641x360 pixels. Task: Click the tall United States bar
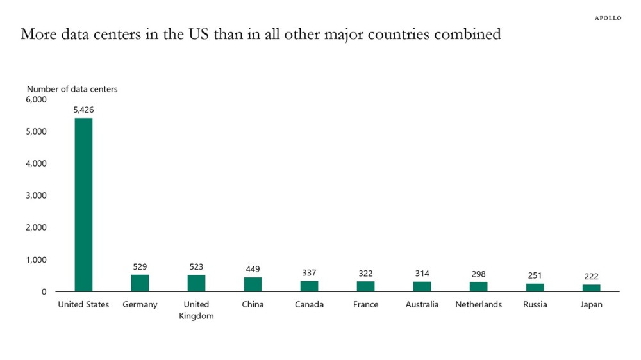(x=83, y=205)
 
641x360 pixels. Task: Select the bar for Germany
(x=140, y=282)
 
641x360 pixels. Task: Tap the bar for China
(x=253, y=284)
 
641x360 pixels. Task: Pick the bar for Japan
(x=591, y=288)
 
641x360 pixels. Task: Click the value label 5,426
(x=83, y=110)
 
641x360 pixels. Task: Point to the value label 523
(x=196, y=267)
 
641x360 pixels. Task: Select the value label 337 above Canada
(x=309, y=272)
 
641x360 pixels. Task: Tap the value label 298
(x=478, y=274)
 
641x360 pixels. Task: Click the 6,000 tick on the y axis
(x=36, y=99)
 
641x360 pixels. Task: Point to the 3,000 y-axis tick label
(x=36, y=195)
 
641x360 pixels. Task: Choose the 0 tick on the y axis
(x=44, y=291)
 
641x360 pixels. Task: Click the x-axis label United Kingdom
(x=196, y=310)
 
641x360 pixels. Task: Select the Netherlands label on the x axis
(x=478, y=304)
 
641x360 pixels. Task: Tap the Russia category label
(x=535, y=304)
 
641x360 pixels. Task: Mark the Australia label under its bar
(x=422, y=304)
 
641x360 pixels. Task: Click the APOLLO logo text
(x=608, y=18)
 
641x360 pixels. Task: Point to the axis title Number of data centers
(x=72, y=89)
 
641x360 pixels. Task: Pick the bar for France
(x=365, y=286)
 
